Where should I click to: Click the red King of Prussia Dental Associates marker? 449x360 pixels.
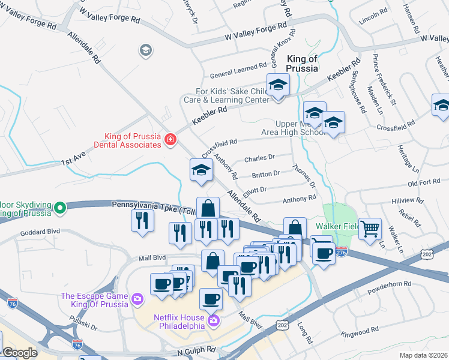click(x=171, y=140)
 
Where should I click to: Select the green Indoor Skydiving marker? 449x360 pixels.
click(x=59, y=208)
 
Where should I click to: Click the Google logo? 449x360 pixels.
click(x=20, y=353)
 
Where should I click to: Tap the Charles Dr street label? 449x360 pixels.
click(x=259, y=158)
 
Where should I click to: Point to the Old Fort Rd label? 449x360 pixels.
click(x=424, y=183)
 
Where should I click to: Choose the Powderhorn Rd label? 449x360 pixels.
click(x=391, y=283)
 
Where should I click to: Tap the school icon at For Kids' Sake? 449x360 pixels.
click(x=278, y=86)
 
